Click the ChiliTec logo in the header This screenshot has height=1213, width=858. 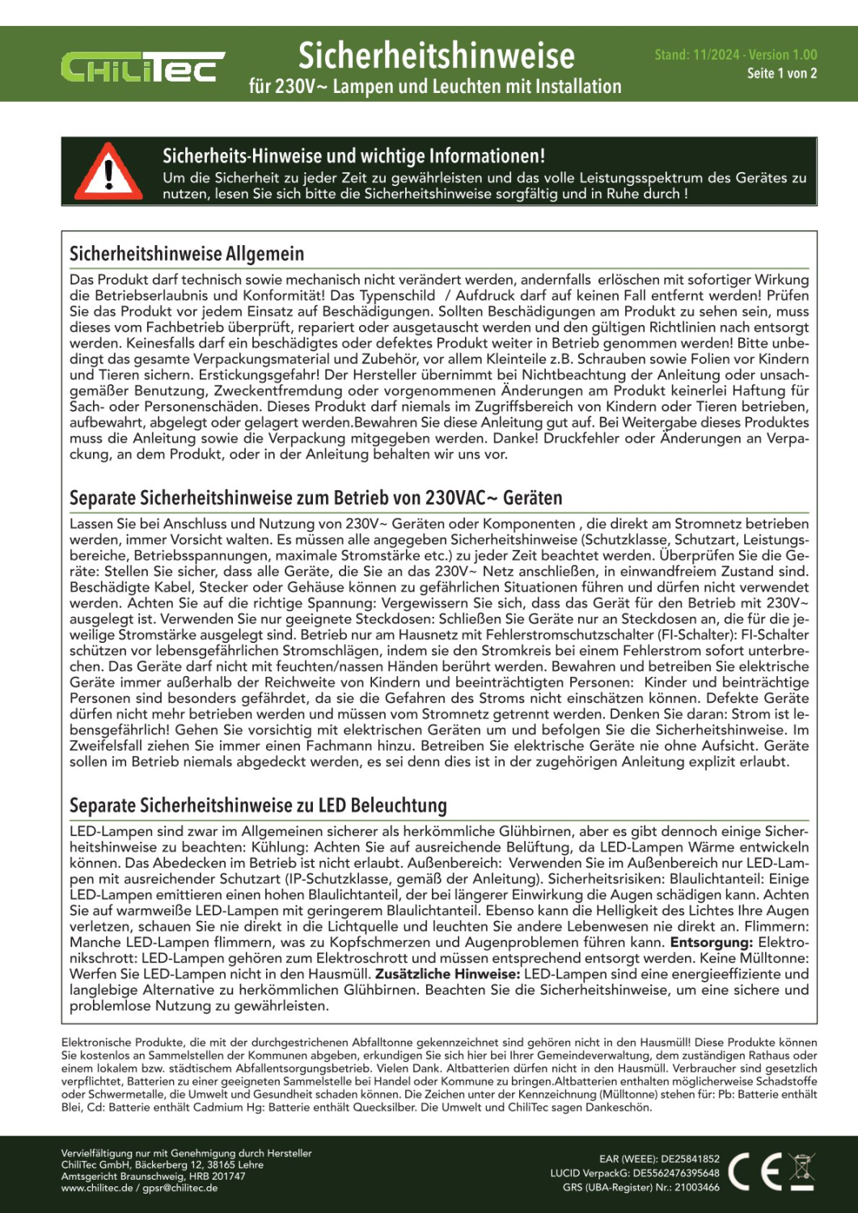click(x=142, y=68)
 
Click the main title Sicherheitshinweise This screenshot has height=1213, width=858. click(x=436, y=56)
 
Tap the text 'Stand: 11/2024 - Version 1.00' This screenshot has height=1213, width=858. click(x=735, y=55)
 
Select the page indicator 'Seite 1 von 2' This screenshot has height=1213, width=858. click(x=781, y=74)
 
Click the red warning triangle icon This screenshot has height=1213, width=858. click(x=109, y=172)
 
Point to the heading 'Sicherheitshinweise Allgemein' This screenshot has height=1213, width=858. click(x=187, y=254)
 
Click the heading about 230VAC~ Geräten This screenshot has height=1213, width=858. click(x=315, y=497)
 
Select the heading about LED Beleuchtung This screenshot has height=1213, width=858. click(x=258, y=805)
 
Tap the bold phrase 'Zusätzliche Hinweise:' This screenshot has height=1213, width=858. click(x=447, y=974)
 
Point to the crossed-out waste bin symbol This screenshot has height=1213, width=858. click(x=801, y=1171)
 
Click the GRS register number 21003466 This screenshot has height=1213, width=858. click(x=696, y=1188)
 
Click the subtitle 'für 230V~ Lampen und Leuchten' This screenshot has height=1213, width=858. click(x=435, y=87)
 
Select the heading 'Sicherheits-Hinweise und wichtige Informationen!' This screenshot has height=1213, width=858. click(x=353, y=156)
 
